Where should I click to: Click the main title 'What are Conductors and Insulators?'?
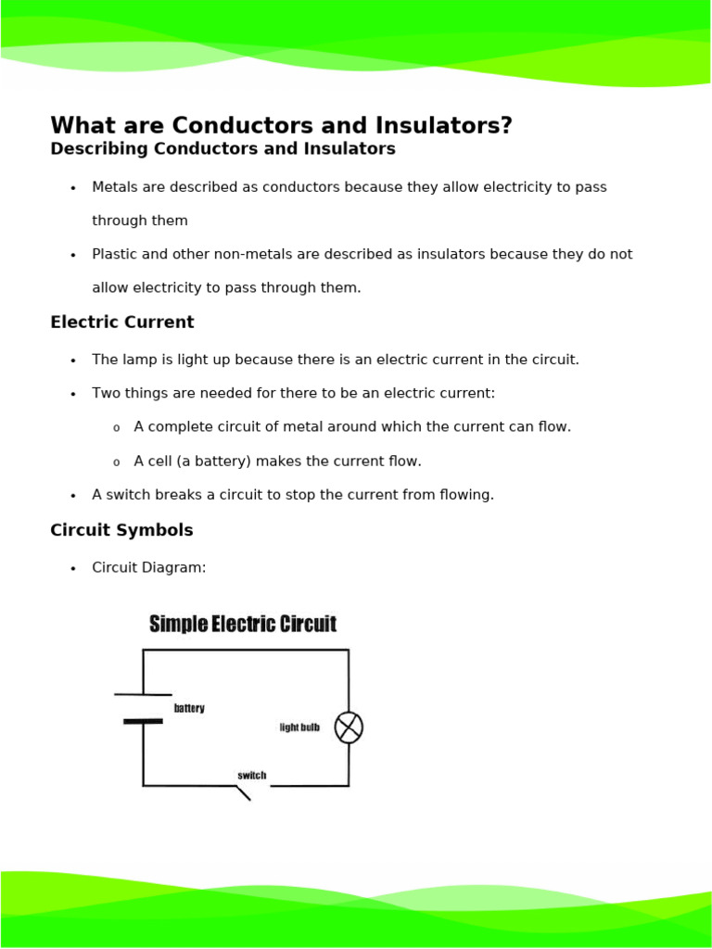pos(281,126)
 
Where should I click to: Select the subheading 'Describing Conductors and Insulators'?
pos(222,149)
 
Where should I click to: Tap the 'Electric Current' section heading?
pos(122,323)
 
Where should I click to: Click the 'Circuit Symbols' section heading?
pos(121,531)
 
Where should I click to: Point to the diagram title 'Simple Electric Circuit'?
pos(243,625)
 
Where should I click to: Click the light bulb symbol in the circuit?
pos(349,728)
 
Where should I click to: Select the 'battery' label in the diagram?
pos(189,709)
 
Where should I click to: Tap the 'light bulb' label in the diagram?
pos(299,728)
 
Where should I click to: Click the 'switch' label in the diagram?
pos(251,776)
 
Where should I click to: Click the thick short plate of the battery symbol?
pos(143,721)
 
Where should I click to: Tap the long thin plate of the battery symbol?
pos(143,694)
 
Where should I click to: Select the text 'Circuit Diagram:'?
pos(149,567)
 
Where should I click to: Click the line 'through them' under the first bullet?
pos(140,221)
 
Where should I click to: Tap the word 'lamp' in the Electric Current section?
pos(138,360)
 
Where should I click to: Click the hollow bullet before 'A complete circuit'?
pos(116,428)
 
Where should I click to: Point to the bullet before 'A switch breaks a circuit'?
pos(73,496)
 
